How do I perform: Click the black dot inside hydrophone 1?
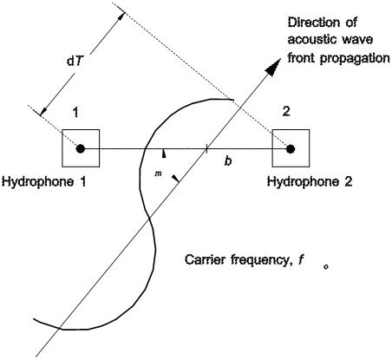click(81, 148)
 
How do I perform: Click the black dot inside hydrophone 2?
click(291, 148)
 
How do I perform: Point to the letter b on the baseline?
click(227, 162)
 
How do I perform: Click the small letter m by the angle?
click(157, 173)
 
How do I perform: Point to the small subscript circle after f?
click(325, 267)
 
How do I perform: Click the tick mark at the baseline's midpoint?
click(206, 148)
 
